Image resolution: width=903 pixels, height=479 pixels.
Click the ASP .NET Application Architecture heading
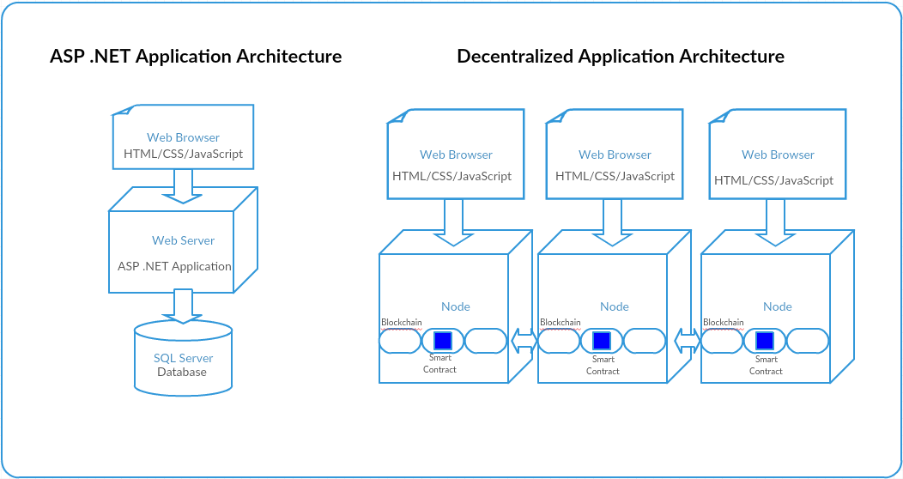click(x=196, y=57)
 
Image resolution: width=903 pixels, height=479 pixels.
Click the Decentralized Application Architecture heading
click(x=620, y=57)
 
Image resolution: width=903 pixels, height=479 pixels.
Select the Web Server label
click(x=183, y=240)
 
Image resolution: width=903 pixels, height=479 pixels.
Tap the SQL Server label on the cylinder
click(x=183, y=358)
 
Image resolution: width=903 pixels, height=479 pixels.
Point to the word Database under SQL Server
click(x=182, y=372)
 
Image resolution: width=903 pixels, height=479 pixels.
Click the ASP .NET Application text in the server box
click(x=174, y=266)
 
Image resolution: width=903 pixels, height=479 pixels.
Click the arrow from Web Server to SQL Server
click(x=183, y=306)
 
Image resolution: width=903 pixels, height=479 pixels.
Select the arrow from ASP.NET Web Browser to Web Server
click(x=183, y=185)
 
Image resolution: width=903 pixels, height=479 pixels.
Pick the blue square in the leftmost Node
click(x=442, y=340)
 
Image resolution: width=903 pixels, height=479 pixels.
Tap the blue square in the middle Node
click(x=601, y=340)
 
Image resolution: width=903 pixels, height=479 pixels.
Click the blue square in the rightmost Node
click(x=764, y=340)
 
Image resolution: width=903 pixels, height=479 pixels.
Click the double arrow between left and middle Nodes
click(x=523, y=341)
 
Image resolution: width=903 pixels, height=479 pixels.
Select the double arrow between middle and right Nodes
click(x=686, y=341)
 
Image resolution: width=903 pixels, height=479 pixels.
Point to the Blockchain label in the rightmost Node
click(x=723, y=323)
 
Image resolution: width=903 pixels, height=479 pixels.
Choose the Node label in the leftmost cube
click(x=455, y=306)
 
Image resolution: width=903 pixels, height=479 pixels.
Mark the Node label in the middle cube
click(x=614, y=306)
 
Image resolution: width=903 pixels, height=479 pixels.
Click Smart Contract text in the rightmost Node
click(x=766, y=365)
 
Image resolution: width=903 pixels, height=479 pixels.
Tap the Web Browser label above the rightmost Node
click(x=778, y=155)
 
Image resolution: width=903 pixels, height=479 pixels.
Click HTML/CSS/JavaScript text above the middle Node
click(x=615, y=176)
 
